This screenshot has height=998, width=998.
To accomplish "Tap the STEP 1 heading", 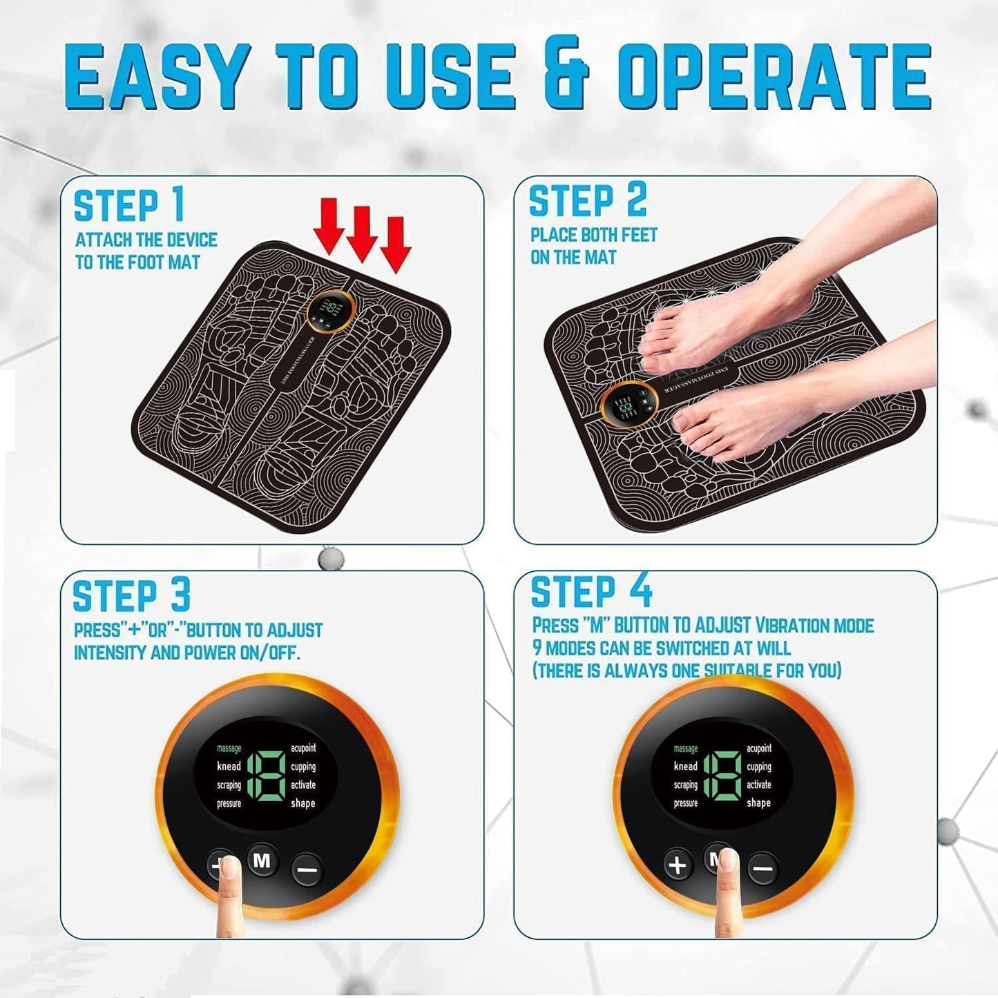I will click(129, 206).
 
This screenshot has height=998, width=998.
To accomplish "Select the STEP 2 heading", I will click(588, 201).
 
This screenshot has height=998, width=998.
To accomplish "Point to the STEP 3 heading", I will click(131, 596).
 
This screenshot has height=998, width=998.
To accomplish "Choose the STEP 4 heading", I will click(591, 592).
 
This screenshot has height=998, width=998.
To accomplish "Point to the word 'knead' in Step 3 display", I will click(229, 766).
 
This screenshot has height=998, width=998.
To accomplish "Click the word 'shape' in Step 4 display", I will click(758, 803).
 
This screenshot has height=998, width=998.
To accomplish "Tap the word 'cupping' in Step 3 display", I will click(303, 767).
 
